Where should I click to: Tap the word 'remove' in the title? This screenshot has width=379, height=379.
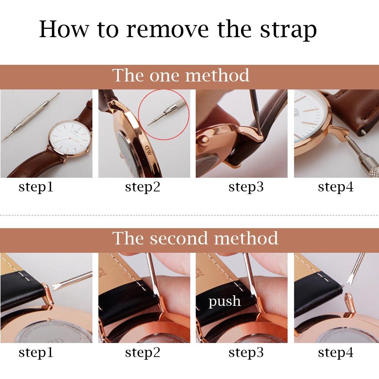pos(168,30)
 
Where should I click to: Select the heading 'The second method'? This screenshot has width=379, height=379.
pos(195,238)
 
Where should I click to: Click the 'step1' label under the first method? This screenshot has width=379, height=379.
pos(36,187)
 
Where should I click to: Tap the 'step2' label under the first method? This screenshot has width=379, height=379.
pos(143,187)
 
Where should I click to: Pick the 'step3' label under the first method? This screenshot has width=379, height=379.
pos(246,187)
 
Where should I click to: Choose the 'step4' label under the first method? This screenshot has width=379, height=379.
pos(335,187)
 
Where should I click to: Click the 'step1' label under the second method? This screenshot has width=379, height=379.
pos(36,352)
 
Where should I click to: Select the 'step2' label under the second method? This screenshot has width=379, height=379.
pos(143,352)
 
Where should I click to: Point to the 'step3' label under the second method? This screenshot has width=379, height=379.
pos(246,352)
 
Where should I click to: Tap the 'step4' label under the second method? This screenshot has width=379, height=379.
pos(335,352)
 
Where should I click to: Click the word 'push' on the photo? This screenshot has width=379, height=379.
pos(224,302)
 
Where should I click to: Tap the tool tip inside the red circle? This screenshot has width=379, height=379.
pos(149,124)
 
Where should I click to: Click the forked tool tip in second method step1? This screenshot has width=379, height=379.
pos(54,287)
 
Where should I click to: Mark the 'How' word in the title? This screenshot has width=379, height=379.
pos(64,29)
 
